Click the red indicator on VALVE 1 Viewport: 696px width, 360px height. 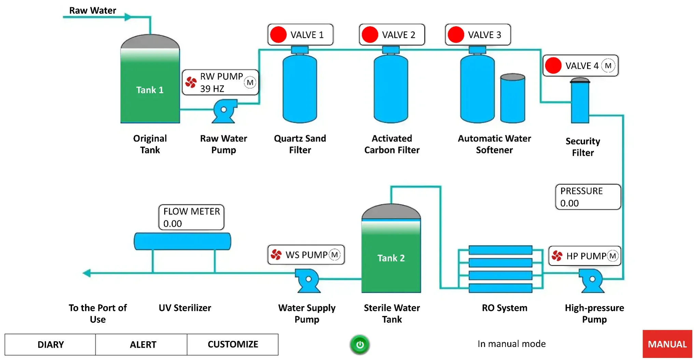[278, 35]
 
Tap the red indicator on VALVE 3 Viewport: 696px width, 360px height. [456, 35]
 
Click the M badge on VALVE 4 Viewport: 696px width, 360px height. [608, 66]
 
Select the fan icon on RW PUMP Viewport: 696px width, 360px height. [191, 82]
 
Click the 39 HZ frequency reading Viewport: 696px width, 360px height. [212, 89]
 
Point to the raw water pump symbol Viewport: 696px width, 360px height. [224, 111]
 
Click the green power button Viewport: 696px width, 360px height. [360, 344]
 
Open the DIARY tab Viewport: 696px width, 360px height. [50, 344]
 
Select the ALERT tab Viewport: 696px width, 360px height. [143, 344]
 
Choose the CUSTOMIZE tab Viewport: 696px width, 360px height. [233, 344]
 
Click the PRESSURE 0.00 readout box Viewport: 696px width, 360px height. [587, 197]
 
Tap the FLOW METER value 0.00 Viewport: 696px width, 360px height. [172, 224]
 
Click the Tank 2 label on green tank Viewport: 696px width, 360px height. [391, 258]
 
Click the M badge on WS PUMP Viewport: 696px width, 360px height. [334, 255]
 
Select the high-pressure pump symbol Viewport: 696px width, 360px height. [592, 280]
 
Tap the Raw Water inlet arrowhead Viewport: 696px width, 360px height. [128, 17]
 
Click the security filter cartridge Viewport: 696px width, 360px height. [580, 101]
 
